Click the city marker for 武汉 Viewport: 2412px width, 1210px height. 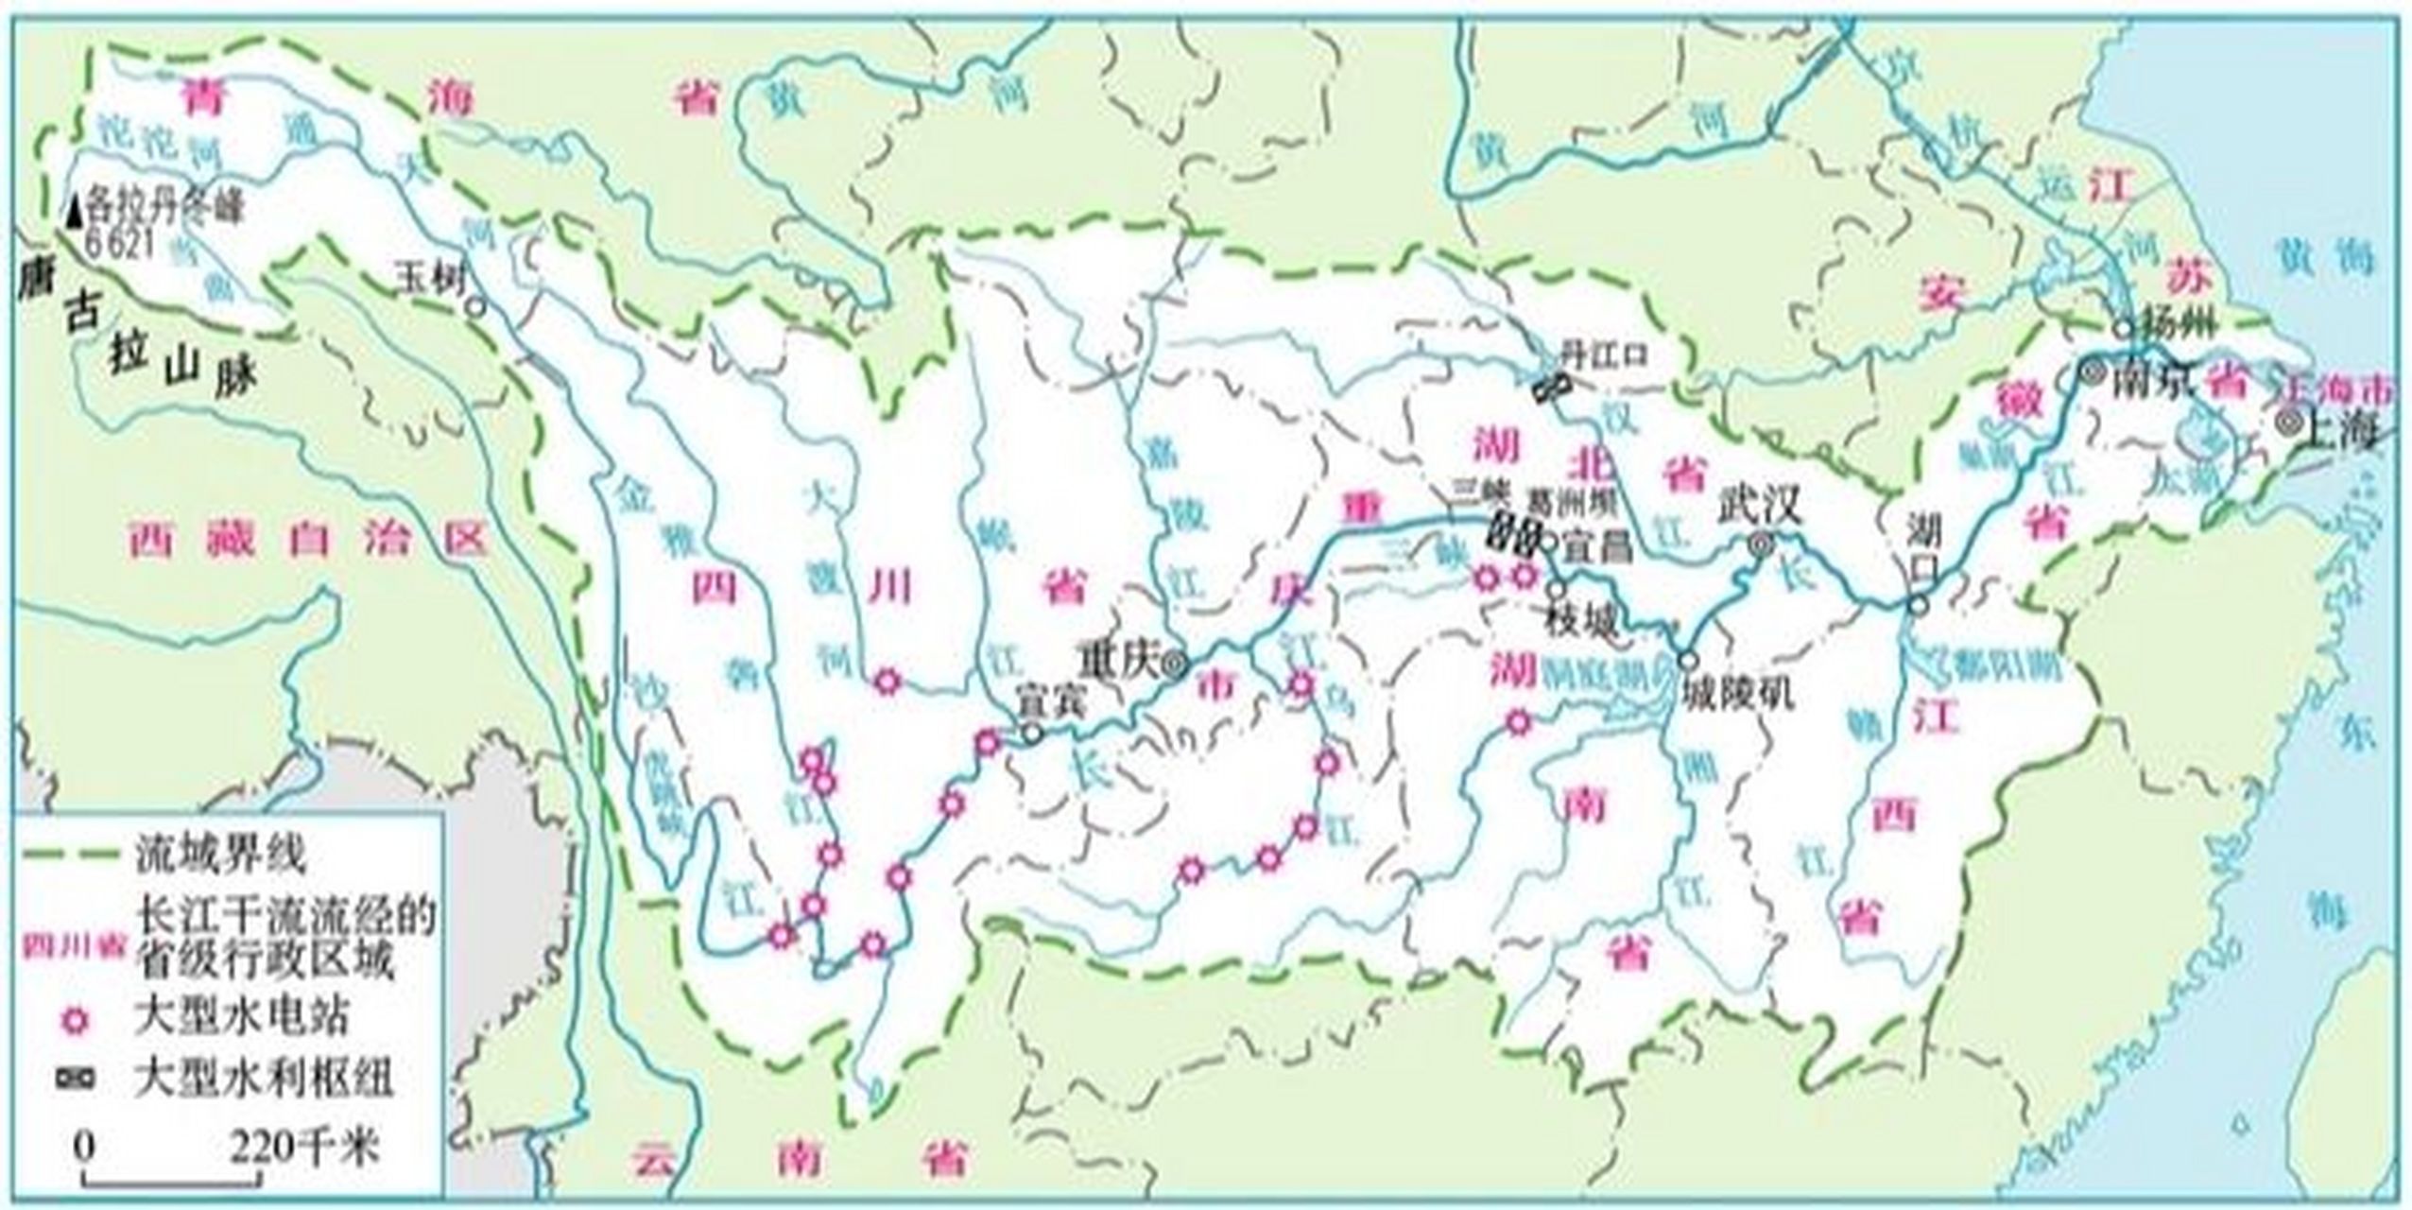pos(1760,544)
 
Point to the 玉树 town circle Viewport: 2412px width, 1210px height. pos(475,307)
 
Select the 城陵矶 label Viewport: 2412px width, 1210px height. pos(1737,695)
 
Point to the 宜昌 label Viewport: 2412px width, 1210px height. pos(1597,547)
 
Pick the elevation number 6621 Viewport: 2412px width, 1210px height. pos(120,244)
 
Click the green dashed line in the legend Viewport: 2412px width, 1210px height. pos(72,856)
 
